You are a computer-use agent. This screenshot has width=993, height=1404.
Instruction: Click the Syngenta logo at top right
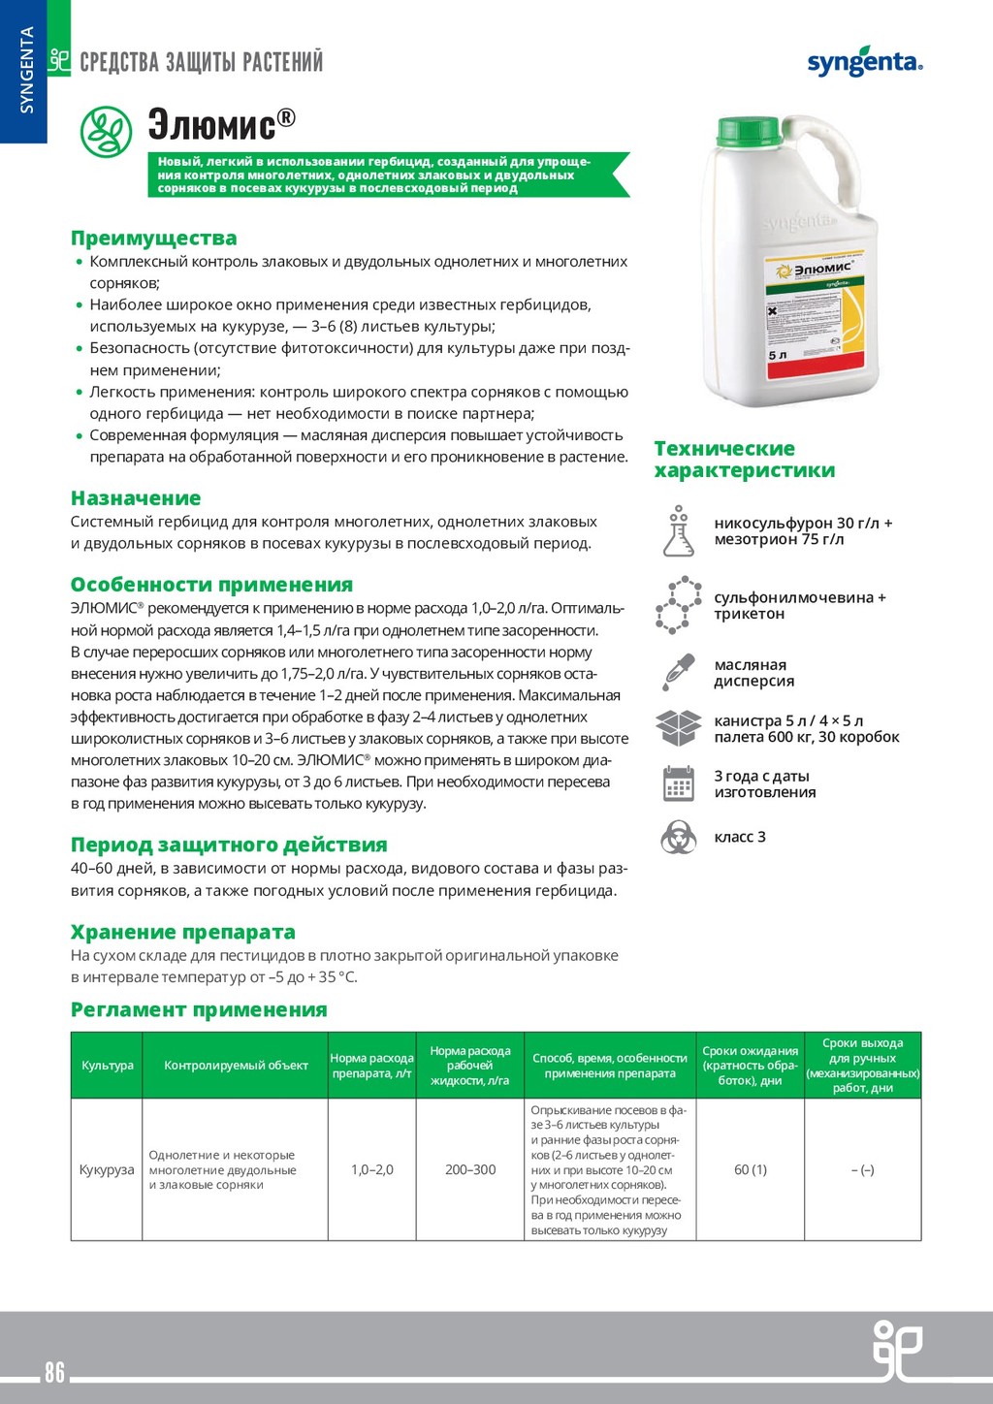click(864, 63)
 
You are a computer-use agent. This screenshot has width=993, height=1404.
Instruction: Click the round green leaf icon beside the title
click(106, 132)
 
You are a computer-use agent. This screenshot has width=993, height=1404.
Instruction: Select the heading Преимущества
click(153, 239)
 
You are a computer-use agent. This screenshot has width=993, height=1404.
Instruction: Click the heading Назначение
click(136, 498)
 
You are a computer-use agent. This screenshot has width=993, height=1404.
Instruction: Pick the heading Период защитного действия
click(229, 846)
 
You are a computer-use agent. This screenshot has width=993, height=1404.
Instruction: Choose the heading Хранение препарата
click(182, 933)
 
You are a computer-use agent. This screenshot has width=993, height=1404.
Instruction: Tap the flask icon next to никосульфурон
click(679, 530)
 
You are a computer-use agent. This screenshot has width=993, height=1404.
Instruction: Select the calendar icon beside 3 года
click(679, 783)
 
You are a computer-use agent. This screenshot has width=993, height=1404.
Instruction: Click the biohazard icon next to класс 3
click(679, 837)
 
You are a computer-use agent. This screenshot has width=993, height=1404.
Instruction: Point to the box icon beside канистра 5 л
click(679, 728)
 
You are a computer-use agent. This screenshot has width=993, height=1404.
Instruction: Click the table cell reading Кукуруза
click(107, 1169)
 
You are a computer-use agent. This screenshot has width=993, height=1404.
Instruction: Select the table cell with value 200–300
click(470, 1169)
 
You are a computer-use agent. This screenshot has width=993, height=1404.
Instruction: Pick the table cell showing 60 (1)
click(751, 1169)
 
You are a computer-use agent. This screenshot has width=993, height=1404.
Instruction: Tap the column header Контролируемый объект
click(236, 1066)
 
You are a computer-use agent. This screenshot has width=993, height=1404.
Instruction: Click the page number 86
click(54, 1372)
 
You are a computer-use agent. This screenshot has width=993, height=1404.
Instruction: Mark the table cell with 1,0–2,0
click(372, 1169)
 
